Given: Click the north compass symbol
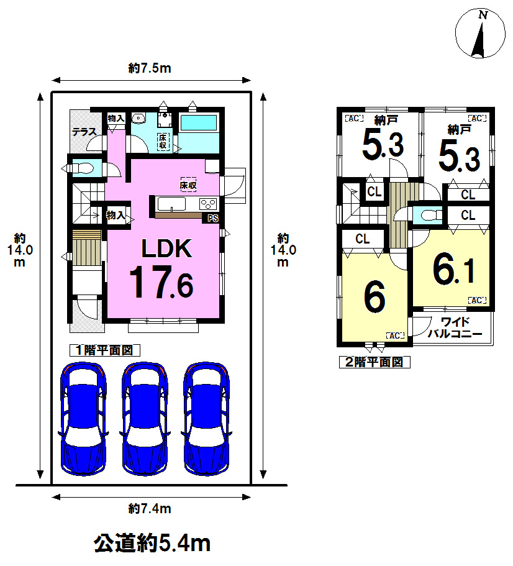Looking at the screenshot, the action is click(x=480, y=33).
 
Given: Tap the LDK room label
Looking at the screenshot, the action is click(x=166, y=249).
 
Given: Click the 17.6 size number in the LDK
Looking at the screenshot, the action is click(x=161, y=281).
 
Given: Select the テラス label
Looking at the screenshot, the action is click(x=84, y=132).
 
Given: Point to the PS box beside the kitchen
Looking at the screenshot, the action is click(x=213, y=219).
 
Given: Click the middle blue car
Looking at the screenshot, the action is click(x=145, y=418).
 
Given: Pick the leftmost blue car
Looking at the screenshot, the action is click(x=84, y=418).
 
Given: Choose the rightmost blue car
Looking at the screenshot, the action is click(x=207, y=418).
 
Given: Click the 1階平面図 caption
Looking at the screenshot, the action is click(x=104, y=350).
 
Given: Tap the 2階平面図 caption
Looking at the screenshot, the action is click(x=375, y=362).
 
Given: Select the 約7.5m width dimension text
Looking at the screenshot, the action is click(x=150, y=68).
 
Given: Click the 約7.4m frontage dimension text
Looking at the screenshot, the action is click(x=150, y=509).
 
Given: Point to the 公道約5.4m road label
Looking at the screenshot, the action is click(x=152, y=543).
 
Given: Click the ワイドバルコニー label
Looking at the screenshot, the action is click(x=455, y=327).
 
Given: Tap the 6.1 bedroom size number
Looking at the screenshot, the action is click(x=454, y=269).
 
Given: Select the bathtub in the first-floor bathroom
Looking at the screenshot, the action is click(x=198, y=123).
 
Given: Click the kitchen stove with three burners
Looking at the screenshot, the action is click(x=208, y=204).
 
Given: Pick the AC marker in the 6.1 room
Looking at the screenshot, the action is click(x=477, y=300).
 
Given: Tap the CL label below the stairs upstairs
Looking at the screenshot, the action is click(x=363, y=239).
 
